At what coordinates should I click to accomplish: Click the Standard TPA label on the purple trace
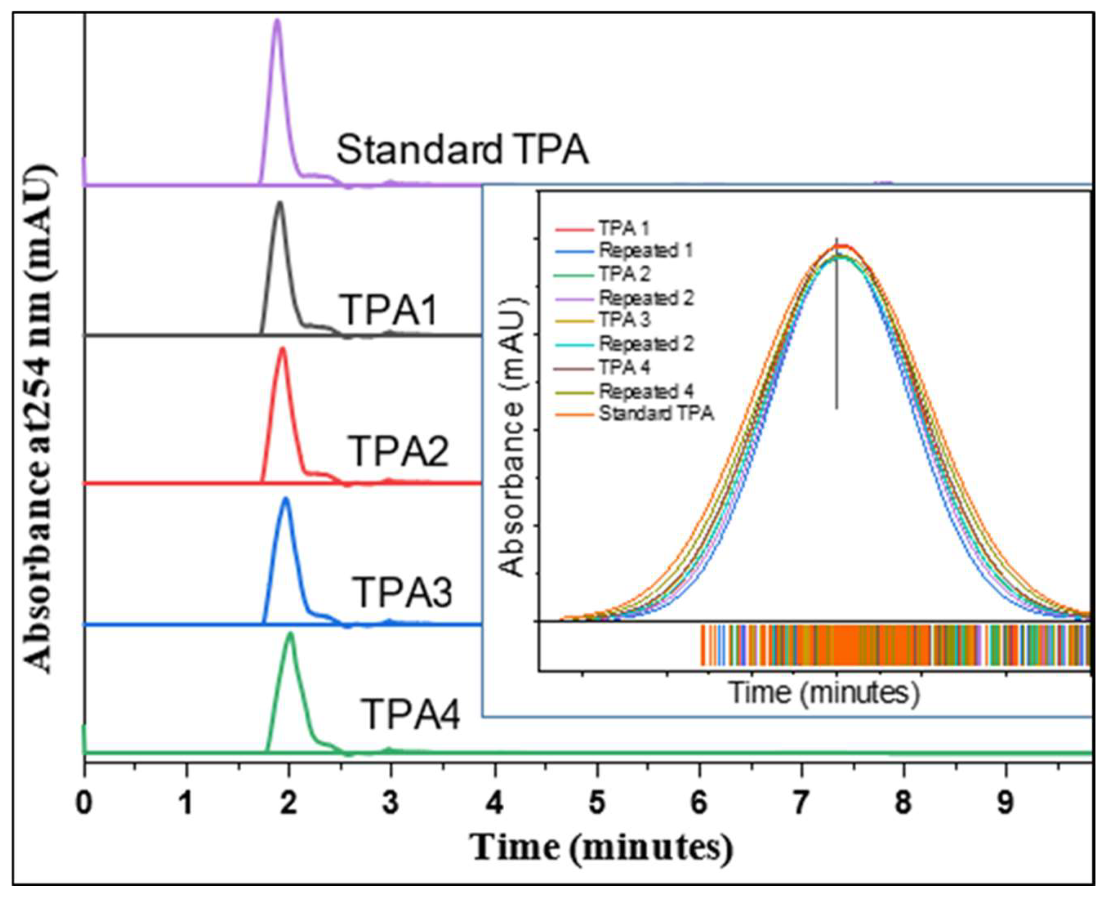point(462,150)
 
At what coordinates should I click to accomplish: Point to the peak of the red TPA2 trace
point(283,349)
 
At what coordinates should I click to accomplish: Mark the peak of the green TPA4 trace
point(290,634)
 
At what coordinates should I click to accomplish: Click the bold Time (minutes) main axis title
point(601,848)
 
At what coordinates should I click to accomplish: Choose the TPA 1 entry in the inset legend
point(624,228)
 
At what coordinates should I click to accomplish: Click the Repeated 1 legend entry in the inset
point(646,251)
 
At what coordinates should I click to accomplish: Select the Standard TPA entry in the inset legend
point(656,414)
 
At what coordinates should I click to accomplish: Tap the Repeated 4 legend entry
point(646,391)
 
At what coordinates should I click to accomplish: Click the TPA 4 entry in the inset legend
point(624,368)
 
